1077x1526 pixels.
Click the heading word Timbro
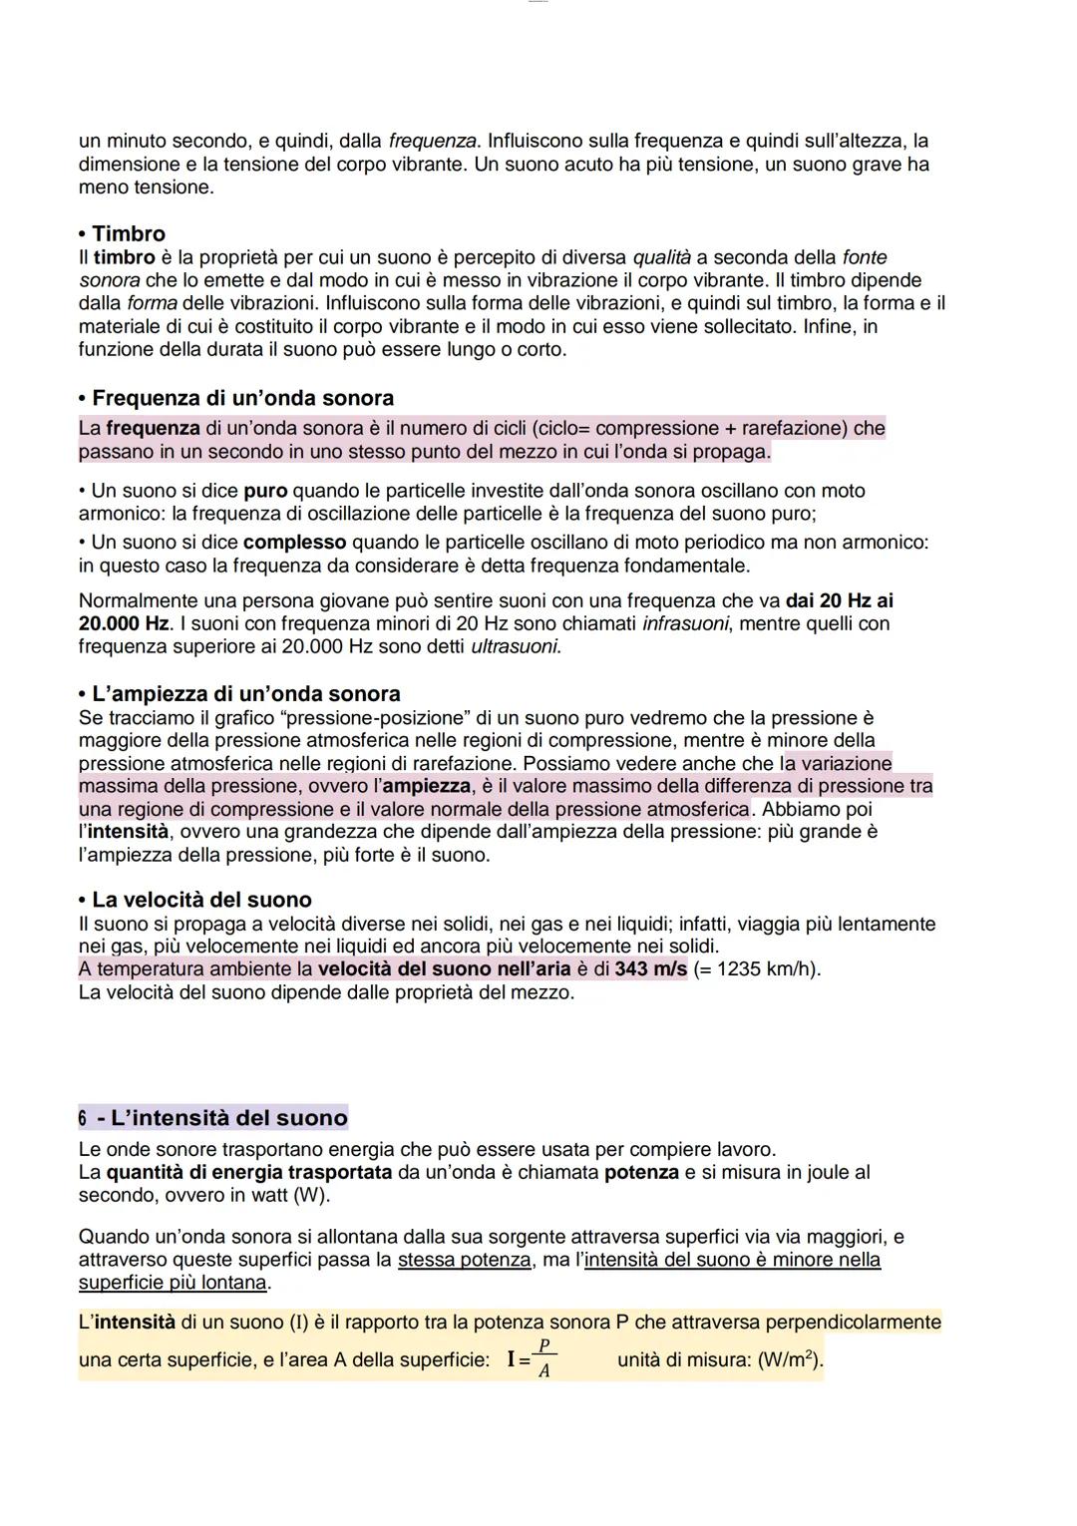pos(129,233)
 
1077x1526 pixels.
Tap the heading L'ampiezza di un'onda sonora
pos(245,693)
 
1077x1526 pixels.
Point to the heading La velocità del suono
pos(201,900)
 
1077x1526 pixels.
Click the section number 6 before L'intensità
pos(83,1117)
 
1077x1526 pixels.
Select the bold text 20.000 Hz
pos(124,623)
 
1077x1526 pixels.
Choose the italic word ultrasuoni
pos(515,646)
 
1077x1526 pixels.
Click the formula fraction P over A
pos(544,1358)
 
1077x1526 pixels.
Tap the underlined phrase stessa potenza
pos(464,1260)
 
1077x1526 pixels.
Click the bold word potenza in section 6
pos(641,1172)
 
